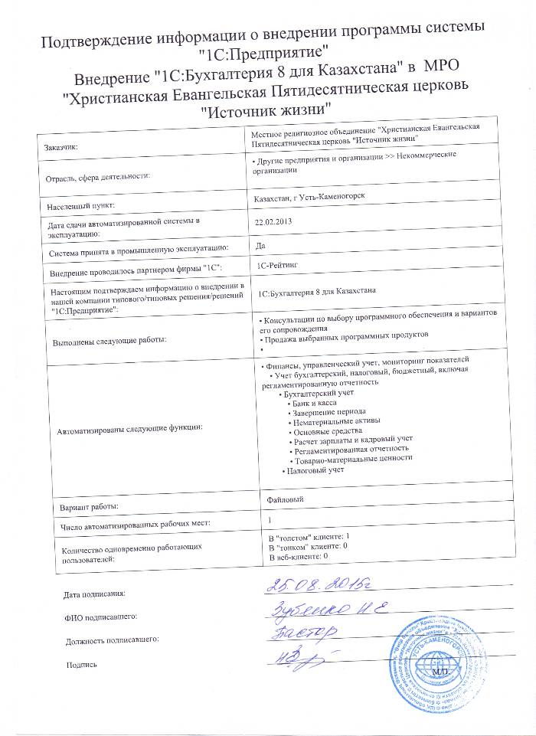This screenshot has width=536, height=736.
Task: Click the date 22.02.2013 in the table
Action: click(x=273, y=221)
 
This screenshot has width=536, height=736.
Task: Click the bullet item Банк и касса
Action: click(x=313, y=402)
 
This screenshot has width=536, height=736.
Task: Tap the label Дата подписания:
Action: click(x=93, y=594)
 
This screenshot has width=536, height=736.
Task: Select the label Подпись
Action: click(x=82, y=665)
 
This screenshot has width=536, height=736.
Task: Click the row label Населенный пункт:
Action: click(x=81, y=206)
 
